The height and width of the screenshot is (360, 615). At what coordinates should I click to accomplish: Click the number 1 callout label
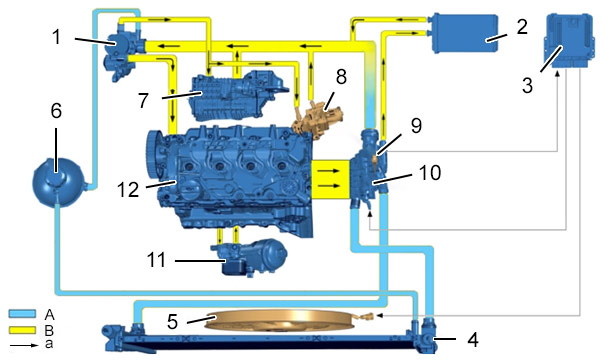57,37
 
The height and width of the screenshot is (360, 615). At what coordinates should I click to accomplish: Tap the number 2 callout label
522,26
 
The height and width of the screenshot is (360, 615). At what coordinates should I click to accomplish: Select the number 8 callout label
341,77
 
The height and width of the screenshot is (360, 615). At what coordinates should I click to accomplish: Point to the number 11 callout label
156,260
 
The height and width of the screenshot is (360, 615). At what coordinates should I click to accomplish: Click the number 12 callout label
128,190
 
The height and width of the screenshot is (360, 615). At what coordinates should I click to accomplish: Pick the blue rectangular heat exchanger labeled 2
464,33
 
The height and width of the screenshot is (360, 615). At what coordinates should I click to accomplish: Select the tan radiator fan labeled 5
282,321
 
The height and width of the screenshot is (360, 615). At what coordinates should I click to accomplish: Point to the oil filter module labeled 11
249,256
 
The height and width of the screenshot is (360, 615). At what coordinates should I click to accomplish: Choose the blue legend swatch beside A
22,314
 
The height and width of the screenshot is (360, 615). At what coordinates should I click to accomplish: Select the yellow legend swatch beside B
22,330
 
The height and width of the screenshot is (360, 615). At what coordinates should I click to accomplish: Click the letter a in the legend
49,344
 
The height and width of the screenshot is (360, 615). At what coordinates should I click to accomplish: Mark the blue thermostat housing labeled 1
123,51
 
